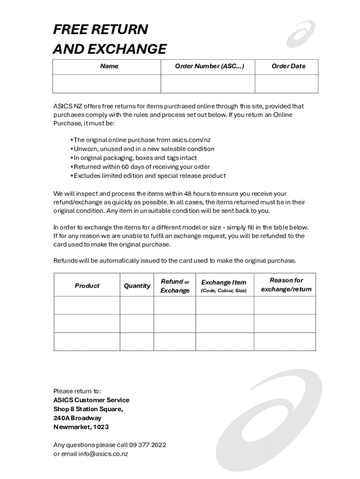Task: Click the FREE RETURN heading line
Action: point(101,29)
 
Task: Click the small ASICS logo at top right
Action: point(301,34)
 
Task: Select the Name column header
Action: point(109,66)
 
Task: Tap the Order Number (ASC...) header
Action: point(209,66)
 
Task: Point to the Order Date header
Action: point(288,66)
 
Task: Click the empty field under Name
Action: point(107,84)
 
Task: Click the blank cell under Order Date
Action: point(286,84)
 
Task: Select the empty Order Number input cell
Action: point(208,84)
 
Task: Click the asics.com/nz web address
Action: point(191,140)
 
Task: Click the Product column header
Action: point(87,286)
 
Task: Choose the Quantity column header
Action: point(137,286)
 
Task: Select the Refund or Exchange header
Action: point(175,286)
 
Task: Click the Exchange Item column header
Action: point(223,286)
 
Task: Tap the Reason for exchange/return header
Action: point(286,285)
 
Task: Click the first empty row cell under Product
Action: point(87,305)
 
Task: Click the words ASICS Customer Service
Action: point(91,400)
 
